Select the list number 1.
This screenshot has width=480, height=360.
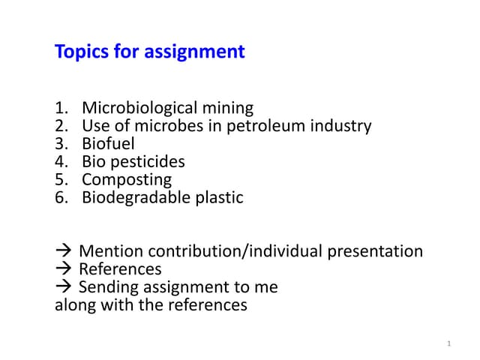click(x=61, y=108)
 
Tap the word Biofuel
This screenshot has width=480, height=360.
click(x=108, y=144)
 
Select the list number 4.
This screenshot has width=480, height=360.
click(x=61, y=162)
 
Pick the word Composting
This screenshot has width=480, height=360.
click(x=127, y=180)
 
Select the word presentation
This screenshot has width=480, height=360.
click(x=375, y=251)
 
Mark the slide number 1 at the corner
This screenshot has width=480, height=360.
click(x=448, y=343)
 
